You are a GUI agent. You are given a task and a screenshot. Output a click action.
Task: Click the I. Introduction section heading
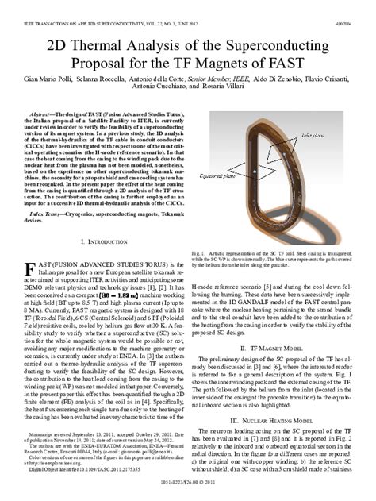[107, 241]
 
